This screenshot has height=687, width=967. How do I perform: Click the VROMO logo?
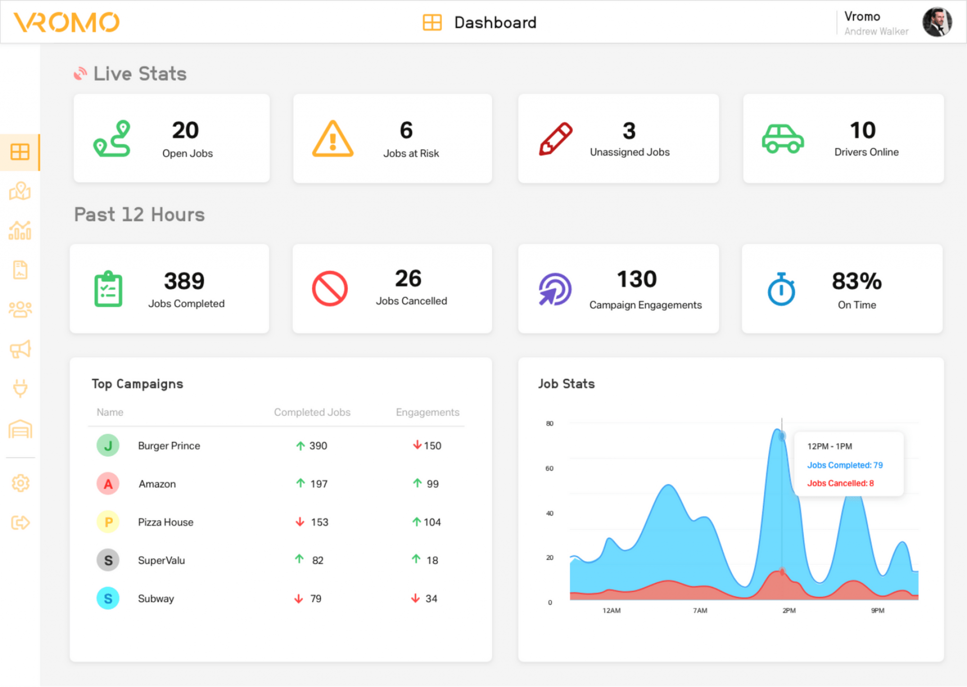pos(67,22)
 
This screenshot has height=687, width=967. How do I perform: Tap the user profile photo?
pos(937,22)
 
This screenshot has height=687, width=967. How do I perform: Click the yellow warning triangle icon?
pos(332,139)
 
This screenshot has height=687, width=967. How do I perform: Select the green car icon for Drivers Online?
pos(782,139)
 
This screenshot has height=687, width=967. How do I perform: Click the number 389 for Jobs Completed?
pos(184,281)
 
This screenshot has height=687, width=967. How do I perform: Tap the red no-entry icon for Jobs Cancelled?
pos(330,288)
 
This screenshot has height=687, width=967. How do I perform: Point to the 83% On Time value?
pos(857,281)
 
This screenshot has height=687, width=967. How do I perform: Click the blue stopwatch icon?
pos(781,289)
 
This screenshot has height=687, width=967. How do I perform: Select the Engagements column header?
pos(427,412)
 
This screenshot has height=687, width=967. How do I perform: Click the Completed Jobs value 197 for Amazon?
pos(319,484)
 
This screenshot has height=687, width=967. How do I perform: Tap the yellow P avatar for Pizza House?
pos(108,522)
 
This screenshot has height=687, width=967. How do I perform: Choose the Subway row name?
pos(156,599)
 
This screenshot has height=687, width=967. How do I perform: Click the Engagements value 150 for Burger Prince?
pos(432,446)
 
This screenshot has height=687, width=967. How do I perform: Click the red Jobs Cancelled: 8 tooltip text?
pos(840,483)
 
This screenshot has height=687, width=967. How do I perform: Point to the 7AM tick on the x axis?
pos(700,611)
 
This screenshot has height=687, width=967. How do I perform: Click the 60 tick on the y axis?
pos(549,469)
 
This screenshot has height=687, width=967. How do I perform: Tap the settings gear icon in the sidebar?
pos(20,483)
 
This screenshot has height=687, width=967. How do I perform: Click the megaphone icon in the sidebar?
pos(20,349)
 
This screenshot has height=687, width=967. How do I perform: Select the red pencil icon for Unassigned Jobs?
pos(555,139)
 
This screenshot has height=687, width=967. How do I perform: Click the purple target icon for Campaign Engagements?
pos(555,289)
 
